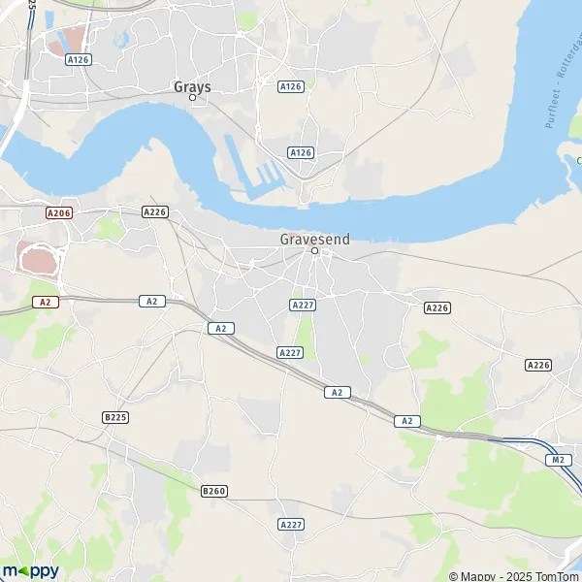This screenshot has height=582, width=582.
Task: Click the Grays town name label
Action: (192, 85)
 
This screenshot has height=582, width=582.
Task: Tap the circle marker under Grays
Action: (192, 97)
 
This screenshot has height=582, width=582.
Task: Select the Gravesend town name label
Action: (314, 238)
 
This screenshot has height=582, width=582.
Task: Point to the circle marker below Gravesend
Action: (314, 251)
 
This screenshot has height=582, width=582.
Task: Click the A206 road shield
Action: (59, 211)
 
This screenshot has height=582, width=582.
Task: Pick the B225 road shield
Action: (114, 417)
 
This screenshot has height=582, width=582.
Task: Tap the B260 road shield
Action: (213, 492)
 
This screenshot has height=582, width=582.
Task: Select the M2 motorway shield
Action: (557, 459)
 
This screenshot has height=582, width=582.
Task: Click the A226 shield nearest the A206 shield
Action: (154, 211)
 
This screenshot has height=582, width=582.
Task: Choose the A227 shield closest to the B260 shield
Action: (291, 524)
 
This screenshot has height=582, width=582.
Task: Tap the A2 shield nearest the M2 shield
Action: (407, 421)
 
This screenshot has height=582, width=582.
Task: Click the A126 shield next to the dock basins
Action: (301, 153)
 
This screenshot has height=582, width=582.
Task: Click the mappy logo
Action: (30, 570)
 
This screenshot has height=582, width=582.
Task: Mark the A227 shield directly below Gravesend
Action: (302, 305)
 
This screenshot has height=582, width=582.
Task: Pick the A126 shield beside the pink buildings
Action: (78, 60)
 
